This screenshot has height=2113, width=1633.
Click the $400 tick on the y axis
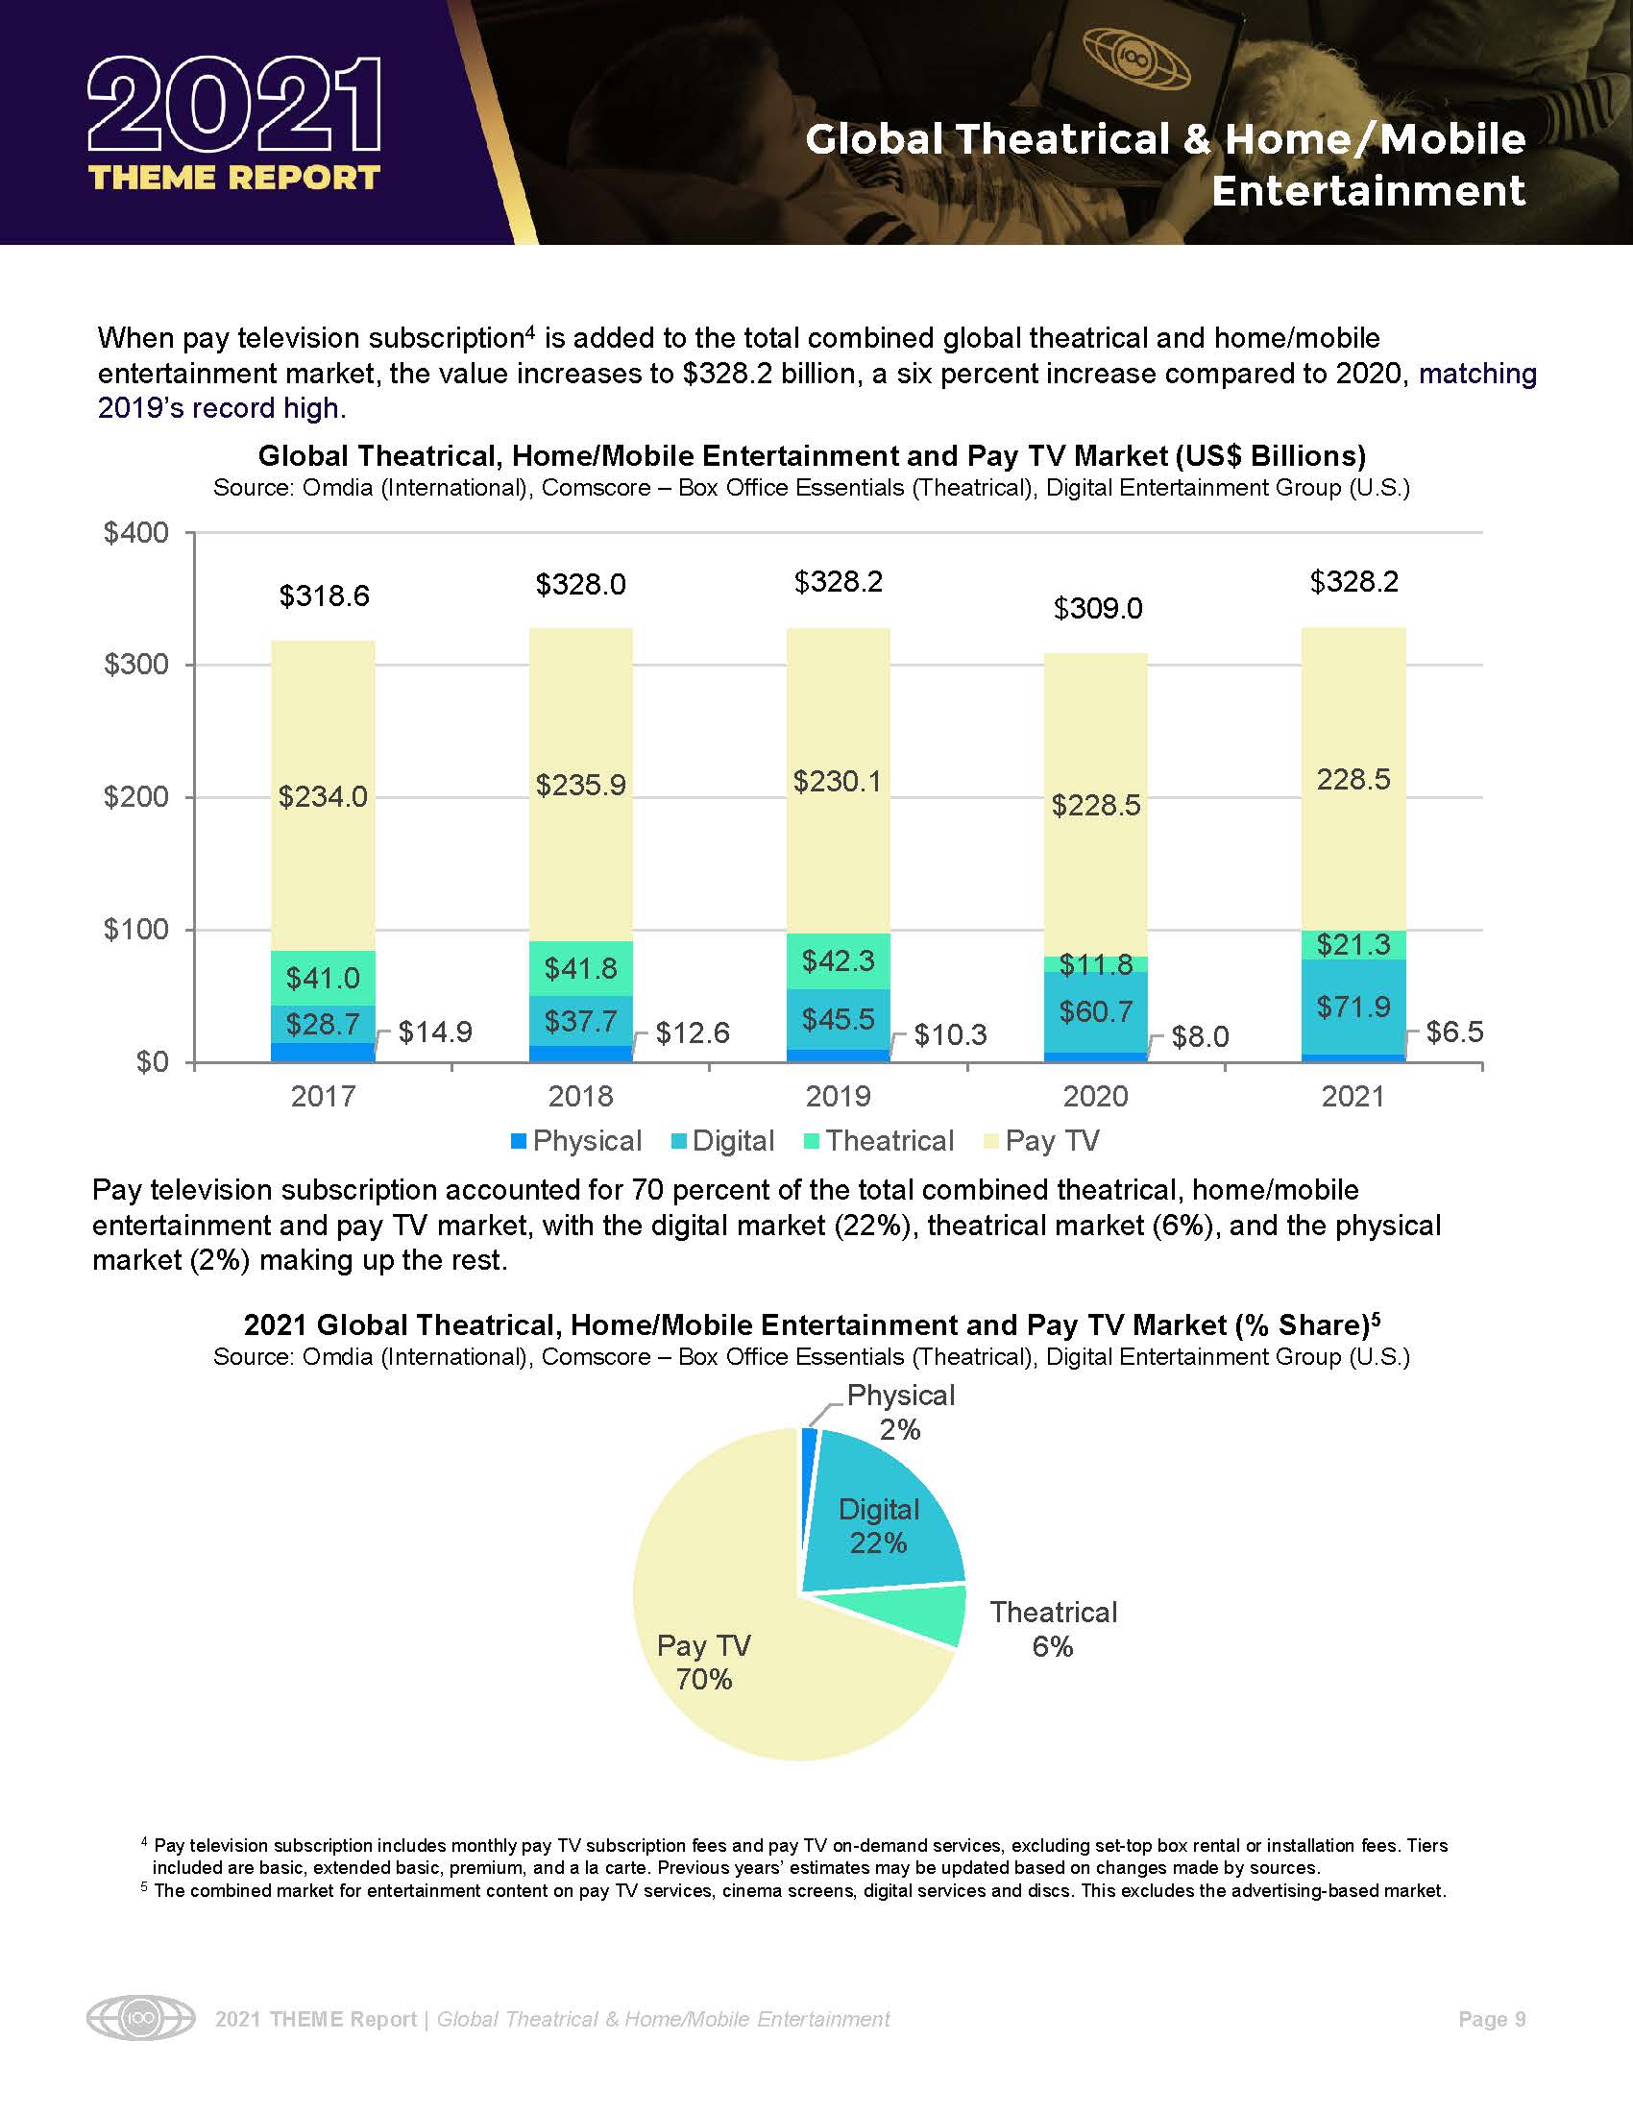tap(135, 533)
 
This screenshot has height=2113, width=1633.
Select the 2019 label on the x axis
tap(838, 1096)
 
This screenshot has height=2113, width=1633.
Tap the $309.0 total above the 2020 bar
tap(1097, 609)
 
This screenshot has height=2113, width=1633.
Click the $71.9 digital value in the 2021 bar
tap(1353, 1008)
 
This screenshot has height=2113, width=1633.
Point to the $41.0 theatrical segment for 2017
tap(323, 978)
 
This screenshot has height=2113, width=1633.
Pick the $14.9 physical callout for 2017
tap(435, 1033)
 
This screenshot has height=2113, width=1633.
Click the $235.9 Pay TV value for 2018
tap(580, 785)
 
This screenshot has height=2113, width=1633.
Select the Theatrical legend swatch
tap(812, 1142)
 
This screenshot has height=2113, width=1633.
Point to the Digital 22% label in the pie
tap(878, 1526)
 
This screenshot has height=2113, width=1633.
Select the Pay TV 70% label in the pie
tap(703, 1663)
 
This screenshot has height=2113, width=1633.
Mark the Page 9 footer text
tap(1492, 2019)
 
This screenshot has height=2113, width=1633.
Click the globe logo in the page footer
tap(140, 2019)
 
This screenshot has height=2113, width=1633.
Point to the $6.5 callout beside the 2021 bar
tap(1454, 1032)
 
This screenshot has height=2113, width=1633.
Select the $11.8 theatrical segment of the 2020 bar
tap(1096, 964)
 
